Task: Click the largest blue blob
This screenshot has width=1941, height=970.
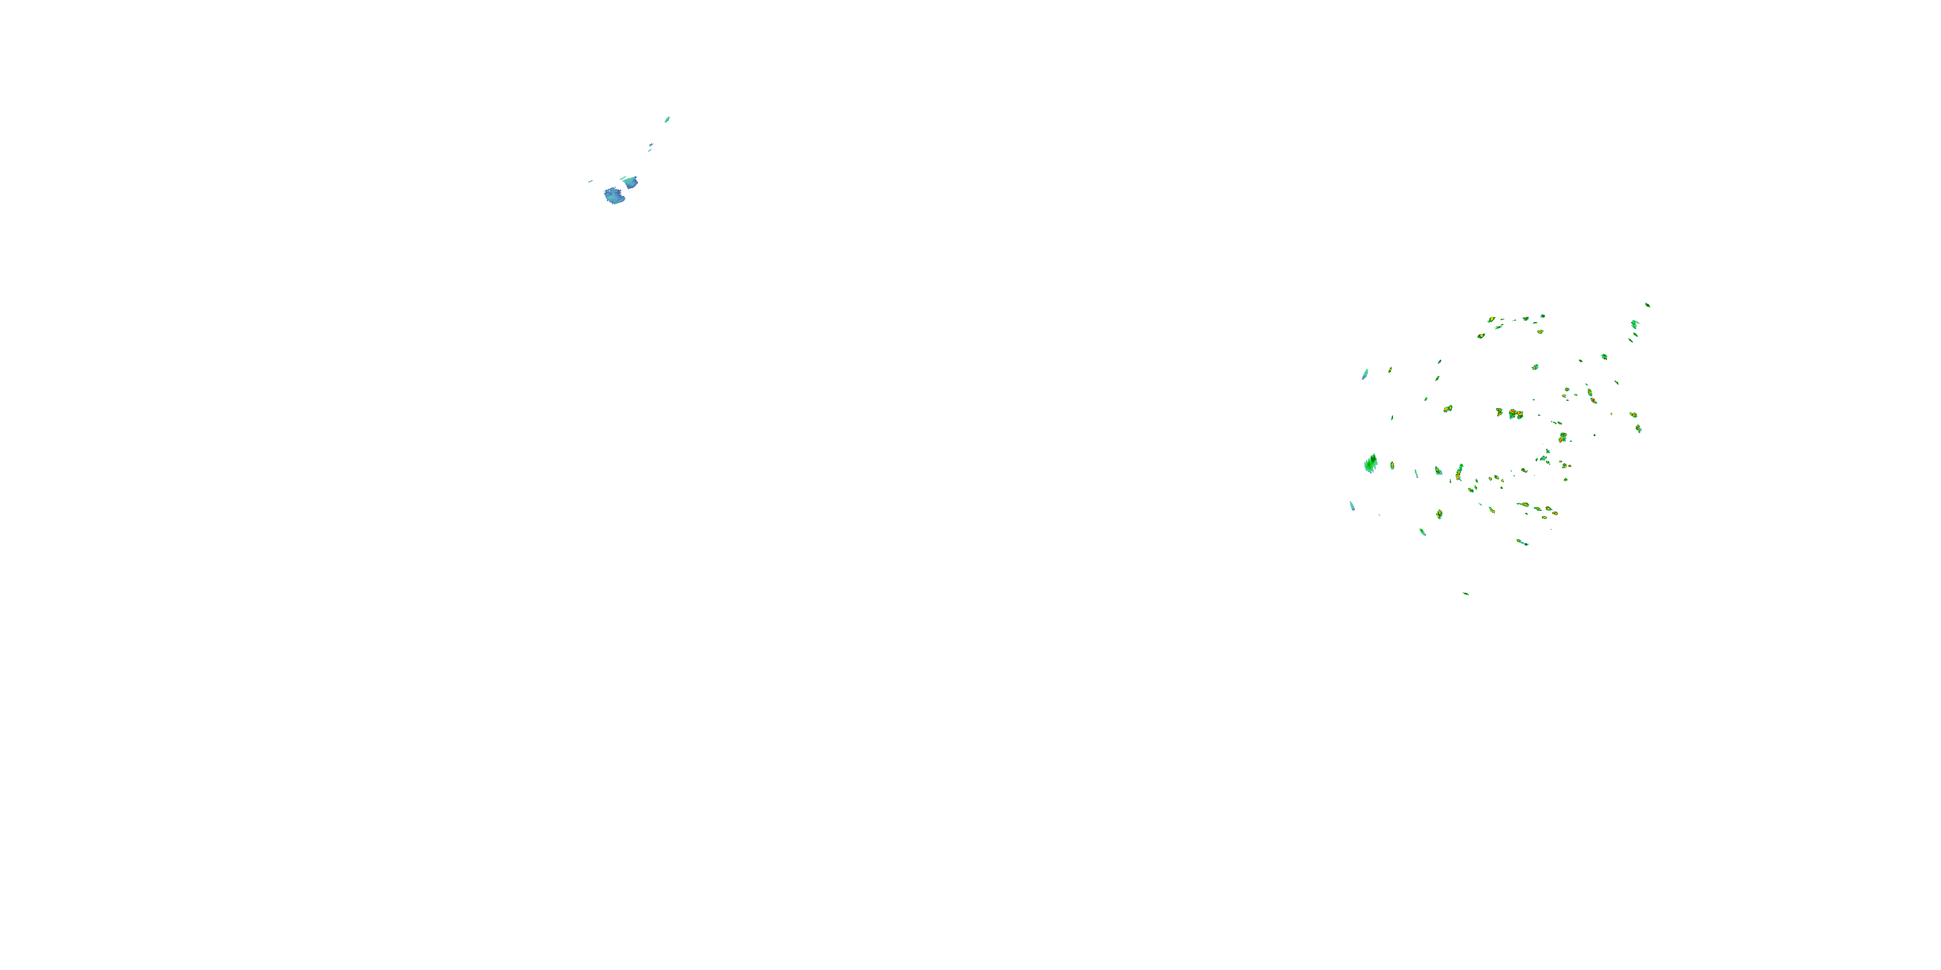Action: coord(614,197)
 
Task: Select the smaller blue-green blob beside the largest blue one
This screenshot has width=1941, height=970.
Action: coord(631,182)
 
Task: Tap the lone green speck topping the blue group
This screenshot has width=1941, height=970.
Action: coord(667,119)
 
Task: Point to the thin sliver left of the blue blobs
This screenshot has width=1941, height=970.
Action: coord(590,181)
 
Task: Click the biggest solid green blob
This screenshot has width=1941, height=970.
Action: coord(1370,464)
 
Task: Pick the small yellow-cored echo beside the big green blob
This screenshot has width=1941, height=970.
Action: coord(1392,466)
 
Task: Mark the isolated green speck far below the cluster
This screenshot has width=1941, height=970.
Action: coord(1465,594)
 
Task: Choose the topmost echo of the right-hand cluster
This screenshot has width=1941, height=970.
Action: coord(1647,304)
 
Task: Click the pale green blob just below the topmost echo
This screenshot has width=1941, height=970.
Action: coord(1634,324)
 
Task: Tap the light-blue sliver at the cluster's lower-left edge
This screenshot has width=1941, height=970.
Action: coord(1352,505)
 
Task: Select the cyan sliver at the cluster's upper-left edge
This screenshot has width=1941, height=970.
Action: coord(1365,374)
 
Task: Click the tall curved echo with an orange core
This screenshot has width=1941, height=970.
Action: coord(1459,472)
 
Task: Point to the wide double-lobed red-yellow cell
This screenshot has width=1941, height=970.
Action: coord(1515,413)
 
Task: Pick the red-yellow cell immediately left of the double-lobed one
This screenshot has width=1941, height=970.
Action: coord(1500,412)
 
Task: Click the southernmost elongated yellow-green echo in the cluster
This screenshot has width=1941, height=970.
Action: coord(1522,543)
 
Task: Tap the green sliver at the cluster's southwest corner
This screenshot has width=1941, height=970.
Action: coord(1423,532)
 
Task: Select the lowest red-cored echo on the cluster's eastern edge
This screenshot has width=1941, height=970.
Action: coord(1638,429)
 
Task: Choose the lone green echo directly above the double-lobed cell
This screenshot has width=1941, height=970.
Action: coord(1535,367)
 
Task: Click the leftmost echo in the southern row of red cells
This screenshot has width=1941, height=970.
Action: coord(1491,510)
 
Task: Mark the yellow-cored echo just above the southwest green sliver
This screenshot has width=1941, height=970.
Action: coord(1438,513)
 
